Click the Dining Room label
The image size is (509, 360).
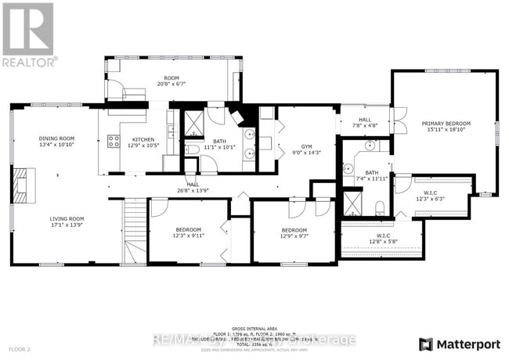[56, 142]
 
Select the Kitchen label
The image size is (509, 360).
[132, 142]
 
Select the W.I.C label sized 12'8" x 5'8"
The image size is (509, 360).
[383, 238]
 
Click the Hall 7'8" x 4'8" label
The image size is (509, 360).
[365, 122]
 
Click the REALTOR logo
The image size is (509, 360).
[29, 34]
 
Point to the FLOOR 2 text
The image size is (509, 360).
[19, 348]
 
